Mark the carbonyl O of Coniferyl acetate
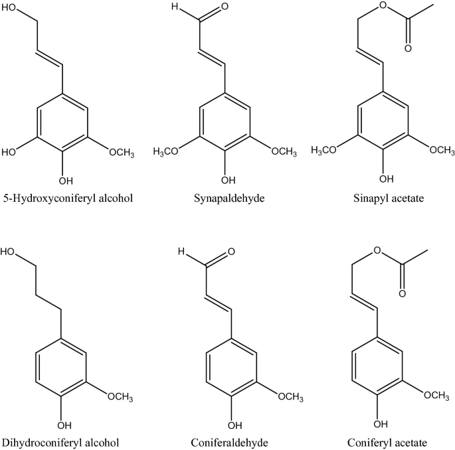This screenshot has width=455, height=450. [x=401, y=293]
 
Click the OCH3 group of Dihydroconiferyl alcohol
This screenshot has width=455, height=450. [x=120, y=398]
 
